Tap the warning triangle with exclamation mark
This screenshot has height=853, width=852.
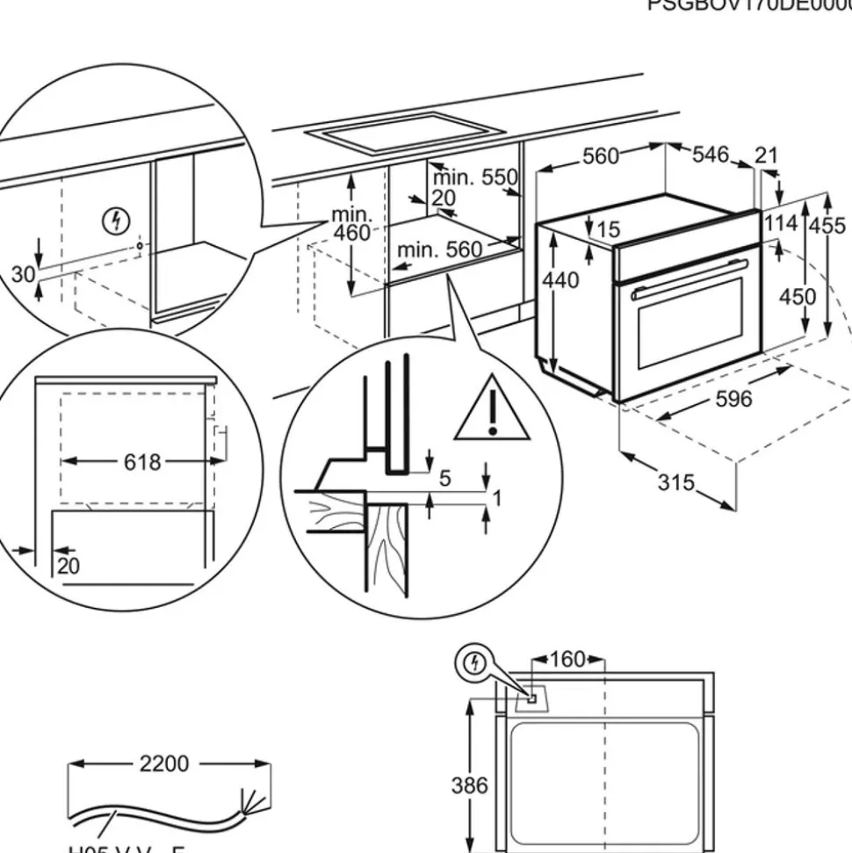coord(492,408)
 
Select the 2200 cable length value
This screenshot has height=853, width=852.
coord(164,764)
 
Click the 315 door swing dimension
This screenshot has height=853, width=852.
coord(676,482)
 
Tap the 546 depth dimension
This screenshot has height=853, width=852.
coord(711,155)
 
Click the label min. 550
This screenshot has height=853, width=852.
coord(474,177)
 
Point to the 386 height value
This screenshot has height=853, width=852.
coord(469,784)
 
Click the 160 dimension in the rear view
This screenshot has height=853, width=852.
coord(567,659)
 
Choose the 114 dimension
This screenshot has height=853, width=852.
coord(780,223)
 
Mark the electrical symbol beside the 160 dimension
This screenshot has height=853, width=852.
coord(475,662)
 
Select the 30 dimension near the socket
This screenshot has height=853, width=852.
coord(23,275)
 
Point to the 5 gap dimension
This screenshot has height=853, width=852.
coord(444,478)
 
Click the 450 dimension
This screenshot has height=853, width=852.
coord(798,296)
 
